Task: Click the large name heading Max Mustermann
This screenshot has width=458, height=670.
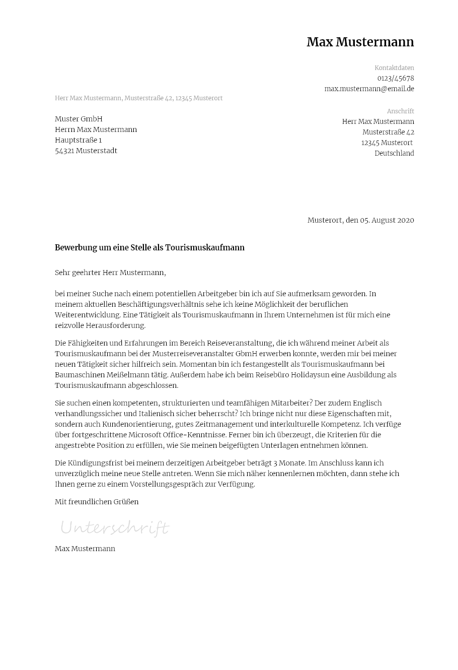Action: (360, 42)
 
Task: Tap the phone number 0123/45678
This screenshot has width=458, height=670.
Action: (396, 78)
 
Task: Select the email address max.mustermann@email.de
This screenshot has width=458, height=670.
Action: (369, 89)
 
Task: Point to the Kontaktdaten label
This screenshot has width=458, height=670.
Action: (394, 68)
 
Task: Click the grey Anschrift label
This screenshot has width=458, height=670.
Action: (400, 111)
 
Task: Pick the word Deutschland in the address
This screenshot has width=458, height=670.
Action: (394, 153)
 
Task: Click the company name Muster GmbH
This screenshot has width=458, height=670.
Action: (79, 119)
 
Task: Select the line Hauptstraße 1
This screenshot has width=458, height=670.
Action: (78, 140)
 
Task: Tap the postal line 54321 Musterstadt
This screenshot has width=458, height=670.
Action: (86, 151)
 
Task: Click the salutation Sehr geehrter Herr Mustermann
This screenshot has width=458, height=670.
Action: (110, 273)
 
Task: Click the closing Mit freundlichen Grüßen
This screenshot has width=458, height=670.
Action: (97, 502)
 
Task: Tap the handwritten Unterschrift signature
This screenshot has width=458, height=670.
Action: (114, 528)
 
